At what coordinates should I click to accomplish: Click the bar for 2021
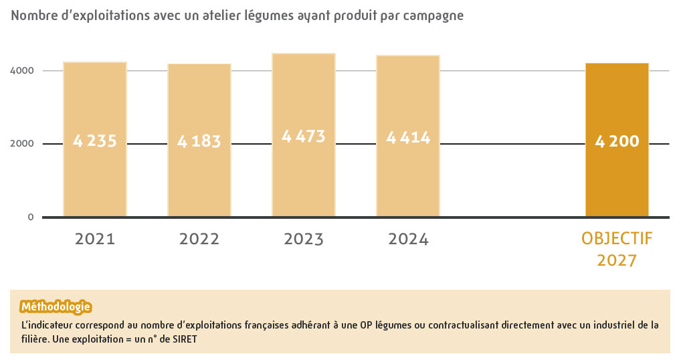click(95, 139)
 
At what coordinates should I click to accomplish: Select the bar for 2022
click(199, 140)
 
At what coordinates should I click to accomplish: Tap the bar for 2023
click(304, 134)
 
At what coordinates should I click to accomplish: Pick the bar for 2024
click(408, 135)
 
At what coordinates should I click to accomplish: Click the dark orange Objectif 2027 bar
click(617, 140)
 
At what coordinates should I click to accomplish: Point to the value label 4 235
click(95, 141)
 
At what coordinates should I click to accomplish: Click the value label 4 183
click(199, 141)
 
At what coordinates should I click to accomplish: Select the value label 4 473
click(304, 137)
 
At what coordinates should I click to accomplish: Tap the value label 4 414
click(408, 138)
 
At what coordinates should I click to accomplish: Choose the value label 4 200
click(617, 141)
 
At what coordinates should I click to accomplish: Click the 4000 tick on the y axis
click(21, 70)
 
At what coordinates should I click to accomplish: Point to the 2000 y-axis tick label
click(21, 143)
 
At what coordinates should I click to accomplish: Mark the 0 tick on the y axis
click(30, 217)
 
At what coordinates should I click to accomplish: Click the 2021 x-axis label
click(95, 239)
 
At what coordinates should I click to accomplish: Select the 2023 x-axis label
click(304, 239)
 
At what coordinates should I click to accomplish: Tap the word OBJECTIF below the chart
click(617, 238)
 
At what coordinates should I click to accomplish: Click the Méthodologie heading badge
click(56, 307)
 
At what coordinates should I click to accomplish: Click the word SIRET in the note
click(185, 339)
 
